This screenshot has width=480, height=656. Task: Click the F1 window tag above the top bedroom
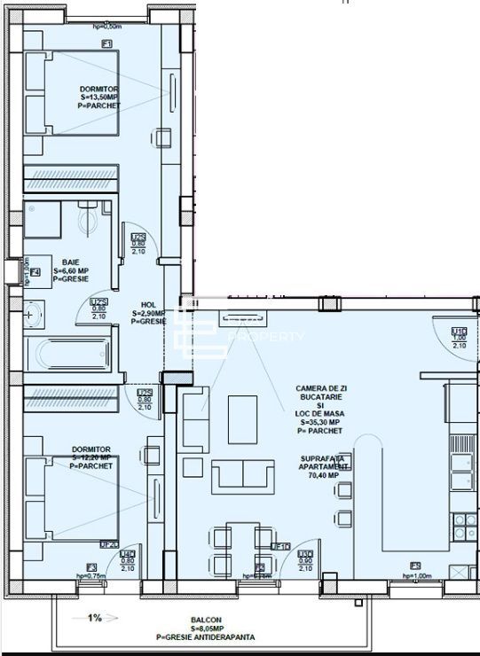[106, 43]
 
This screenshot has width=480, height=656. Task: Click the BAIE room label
[65, 262]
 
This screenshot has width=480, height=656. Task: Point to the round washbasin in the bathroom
[31, 312]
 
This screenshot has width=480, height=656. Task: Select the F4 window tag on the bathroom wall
[35, 271]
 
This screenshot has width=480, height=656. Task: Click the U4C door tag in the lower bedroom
[128, 554]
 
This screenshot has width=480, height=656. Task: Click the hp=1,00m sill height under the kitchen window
[415, 577]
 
